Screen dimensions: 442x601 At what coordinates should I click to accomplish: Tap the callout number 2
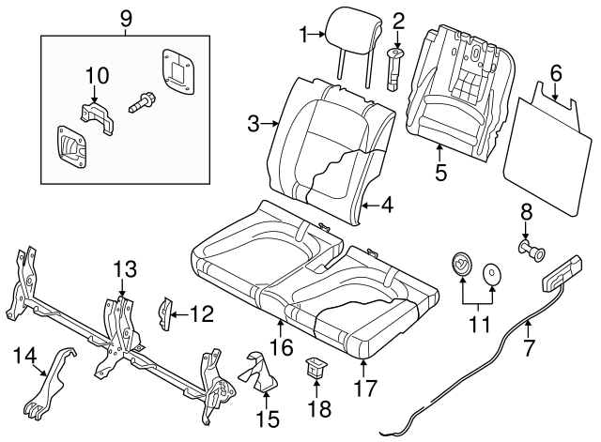[x=398, y=19]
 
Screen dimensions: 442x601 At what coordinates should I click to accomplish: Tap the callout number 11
[x=479, y=325]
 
